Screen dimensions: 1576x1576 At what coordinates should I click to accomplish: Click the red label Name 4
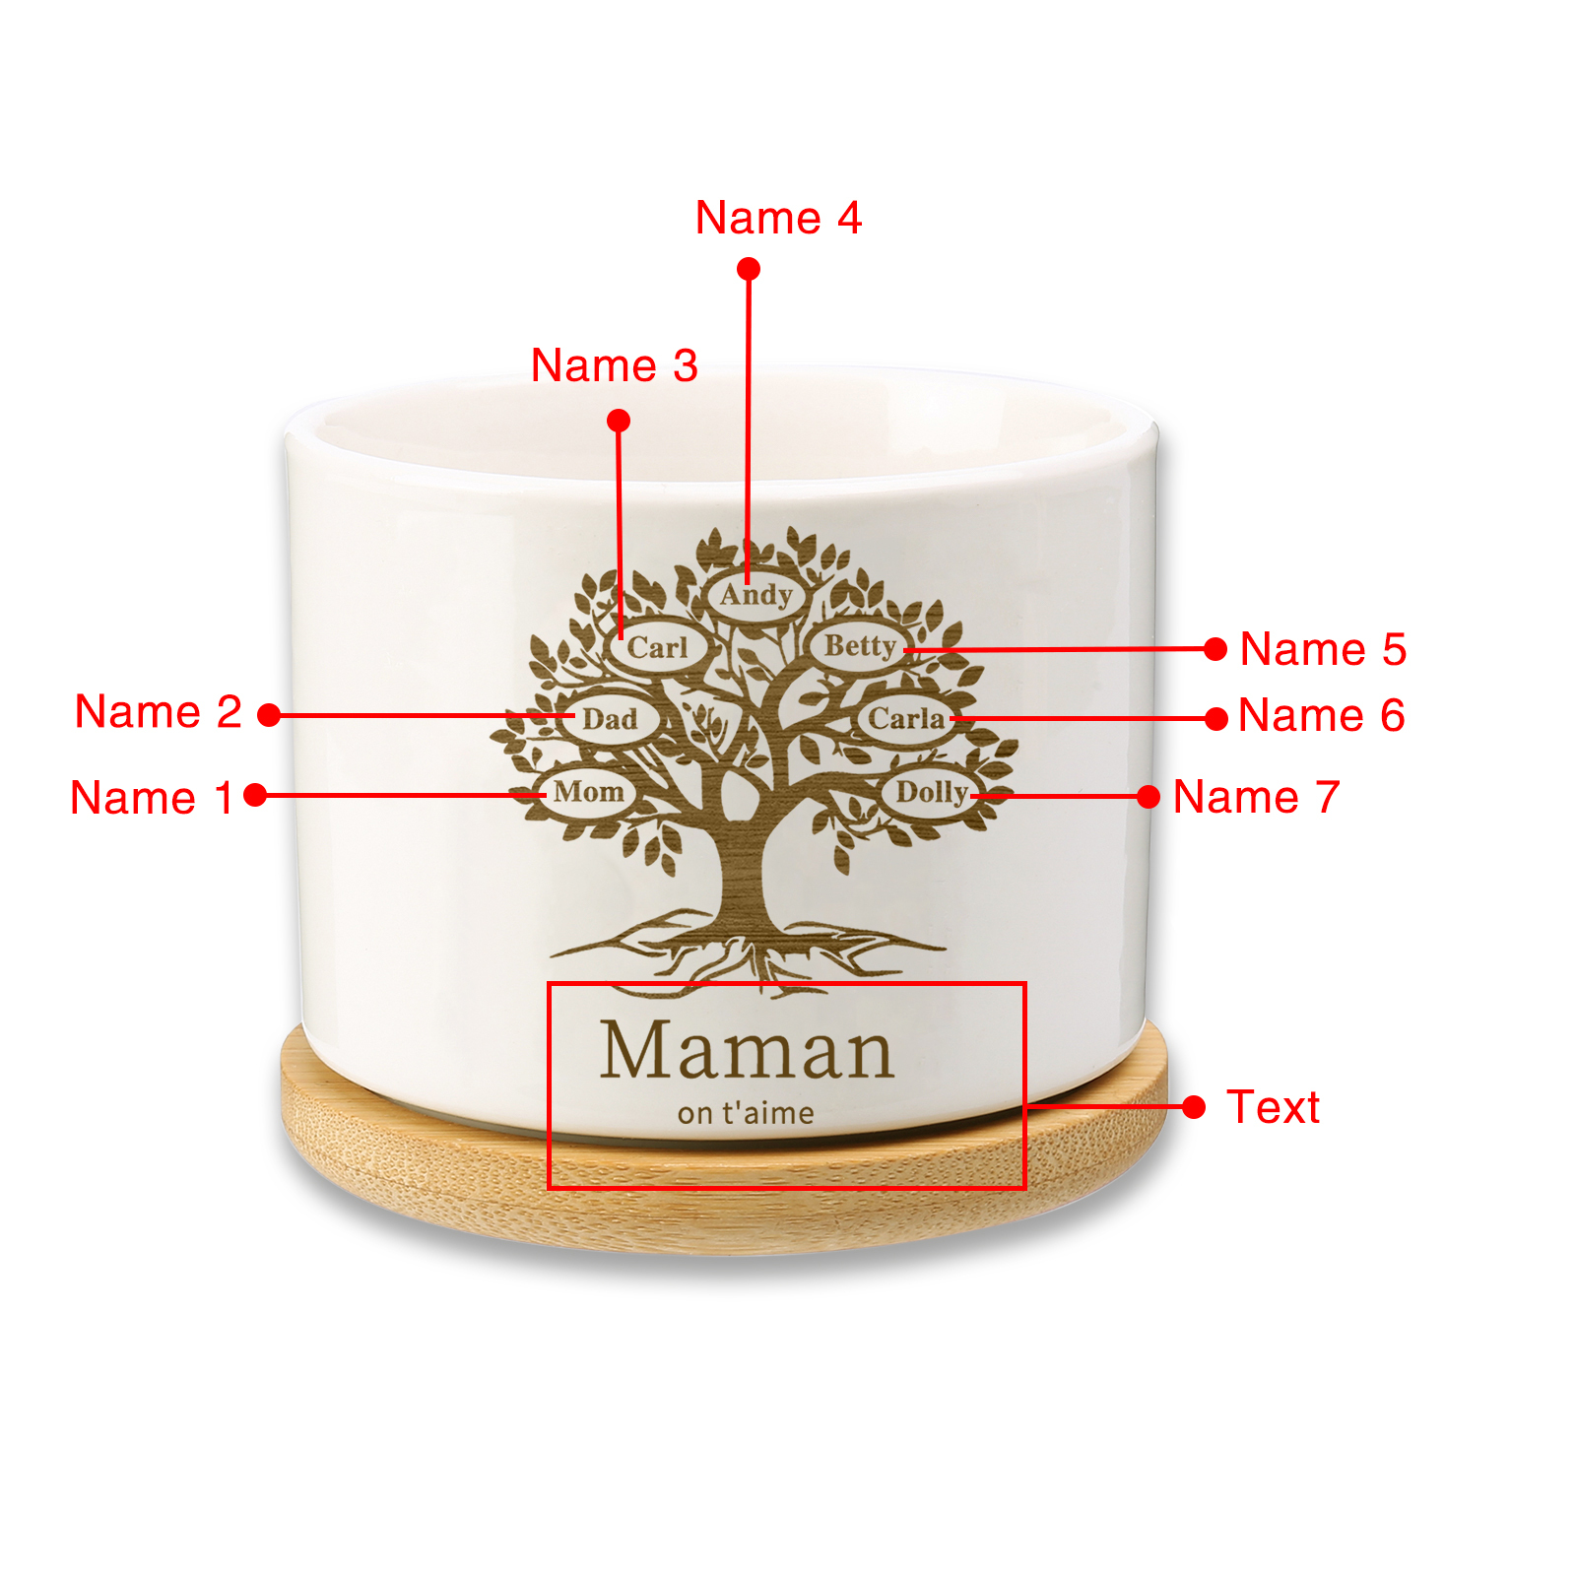click(778, 218)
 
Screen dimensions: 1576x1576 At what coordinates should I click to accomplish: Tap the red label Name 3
click(614, 365)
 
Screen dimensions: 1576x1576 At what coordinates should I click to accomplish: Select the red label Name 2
click(158, 711)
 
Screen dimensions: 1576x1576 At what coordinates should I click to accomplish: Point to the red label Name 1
click(152, 797)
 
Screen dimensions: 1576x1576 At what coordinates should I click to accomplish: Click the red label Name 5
click(1322, 649)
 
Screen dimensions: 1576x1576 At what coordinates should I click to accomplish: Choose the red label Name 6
click(1321, 715)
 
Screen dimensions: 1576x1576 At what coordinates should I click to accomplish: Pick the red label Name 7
click(1256, 797)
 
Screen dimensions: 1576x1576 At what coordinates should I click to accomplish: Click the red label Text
click(1272, 1107)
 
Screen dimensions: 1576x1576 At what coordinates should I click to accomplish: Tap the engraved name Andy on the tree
click(755, 595)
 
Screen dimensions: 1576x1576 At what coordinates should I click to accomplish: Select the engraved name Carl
click(657, 647)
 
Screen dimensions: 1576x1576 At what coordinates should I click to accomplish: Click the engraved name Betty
click(859, 646)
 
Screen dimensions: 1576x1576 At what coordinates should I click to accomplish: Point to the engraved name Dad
click(610, 719)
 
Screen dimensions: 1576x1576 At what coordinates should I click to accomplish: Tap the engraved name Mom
click(588, 792)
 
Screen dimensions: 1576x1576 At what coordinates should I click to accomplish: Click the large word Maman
click(747, 1051)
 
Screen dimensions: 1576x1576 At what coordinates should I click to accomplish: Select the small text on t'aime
click(746, 1114)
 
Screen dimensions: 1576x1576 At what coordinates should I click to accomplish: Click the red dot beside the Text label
click(1194, 1107)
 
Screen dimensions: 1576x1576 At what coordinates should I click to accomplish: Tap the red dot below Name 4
click(749, 269)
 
